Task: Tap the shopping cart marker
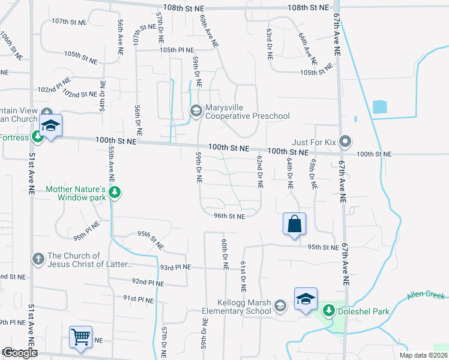pos(80,337)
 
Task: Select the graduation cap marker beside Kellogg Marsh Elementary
pos(305,299)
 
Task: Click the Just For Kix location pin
pos(345,142)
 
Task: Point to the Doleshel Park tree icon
pos(329,311)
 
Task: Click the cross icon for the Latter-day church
pos(38,259)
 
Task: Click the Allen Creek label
pos(426,295)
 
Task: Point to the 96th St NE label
pos(230,216)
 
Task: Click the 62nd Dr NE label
pos(260,172)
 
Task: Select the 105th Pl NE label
pos(176,50)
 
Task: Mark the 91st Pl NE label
pos(139,298)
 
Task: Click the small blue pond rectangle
pos(379,107)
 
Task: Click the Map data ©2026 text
pos(423,355)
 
